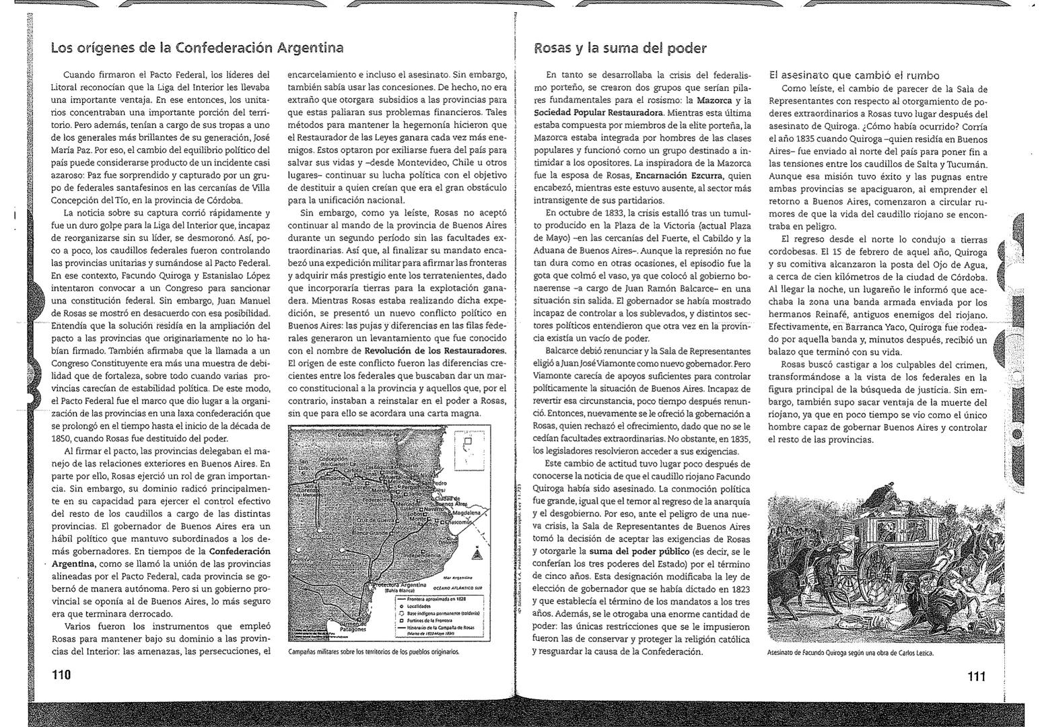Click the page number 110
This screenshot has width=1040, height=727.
coord(61,674)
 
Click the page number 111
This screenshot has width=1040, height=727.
coord(976,676)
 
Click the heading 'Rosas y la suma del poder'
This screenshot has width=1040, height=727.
coord(620,48)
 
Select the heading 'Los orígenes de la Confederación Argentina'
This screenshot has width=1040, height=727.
coord(197,48)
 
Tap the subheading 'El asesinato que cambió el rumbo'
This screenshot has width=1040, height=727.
coord(854,75)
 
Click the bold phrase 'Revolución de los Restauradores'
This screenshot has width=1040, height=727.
coord(434,351)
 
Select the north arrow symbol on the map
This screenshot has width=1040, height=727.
coord(477,552)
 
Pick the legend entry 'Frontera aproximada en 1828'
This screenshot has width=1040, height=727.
coord(438,597)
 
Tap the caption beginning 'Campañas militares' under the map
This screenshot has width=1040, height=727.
coord(373,652)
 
